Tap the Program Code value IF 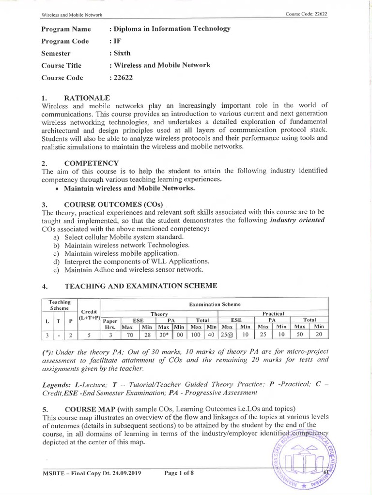[x=116, y=41]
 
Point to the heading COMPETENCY [x=92, y=163]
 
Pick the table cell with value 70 [x=129, y=335]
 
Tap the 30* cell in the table [x=164, y=335]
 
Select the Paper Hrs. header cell [x=111, y=323]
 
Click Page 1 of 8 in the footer [x=179, y=473]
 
